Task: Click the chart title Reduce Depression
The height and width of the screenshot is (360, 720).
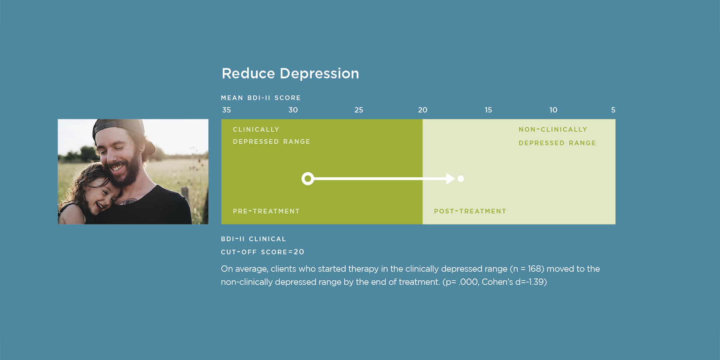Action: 290,74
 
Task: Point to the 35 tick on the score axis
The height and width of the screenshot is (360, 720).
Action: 226,110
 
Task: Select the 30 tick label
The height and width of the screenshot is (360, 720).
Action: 293,110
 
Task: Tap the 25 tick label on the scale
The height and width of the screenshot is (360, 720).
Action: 359,110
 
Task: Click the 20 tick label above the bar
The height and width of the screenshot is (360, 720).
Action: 423,110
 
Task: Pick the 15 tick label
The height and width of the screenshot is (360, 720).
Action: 488,110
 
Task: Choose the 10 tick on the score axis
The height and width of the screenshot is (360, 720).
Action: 553,110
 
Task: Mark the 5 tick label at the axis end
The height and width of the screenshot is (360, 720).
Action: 613,110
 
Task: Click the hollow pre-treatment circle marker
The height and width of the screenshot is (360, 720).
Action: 308,172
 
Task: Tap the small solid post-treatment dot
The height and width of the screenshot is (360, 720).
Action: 461,179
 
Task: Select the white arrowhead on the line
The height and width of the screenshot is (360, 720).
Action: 451,179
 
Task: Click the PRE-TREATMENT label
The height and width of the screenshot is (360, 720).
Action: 266,211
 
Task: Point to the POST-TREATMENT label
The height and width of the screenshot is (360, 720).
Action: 470,211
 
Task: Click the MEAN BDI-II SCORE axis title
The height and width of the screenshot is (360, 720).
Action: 261,98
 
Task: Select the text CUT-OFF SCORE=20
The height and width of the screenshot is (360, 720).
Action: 263,252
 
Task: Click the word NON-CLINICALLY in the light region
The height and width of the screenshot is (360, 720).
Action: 553,130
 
